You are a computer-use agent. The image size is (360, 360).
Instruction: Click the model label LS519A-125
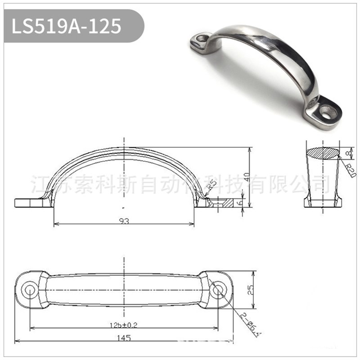(x=67, y=26)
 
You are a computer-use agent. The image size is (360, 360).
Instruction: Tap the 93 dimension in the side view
(x=124, y=221)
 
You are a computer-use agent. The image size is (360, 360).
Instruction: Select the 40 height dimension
(x=246, y=176)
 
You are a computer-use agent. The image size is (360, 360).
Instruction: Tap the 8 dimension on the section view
(x=347, y=154)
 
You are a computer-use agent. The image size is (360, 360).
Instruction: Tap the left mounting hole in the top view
(x=30, y=289)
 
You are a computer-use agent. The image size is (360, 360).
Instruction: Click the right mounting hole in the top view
(x=218, y=289)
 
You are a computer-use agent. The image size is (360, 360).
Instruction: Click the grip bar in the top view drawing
(x=124, y=289)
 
